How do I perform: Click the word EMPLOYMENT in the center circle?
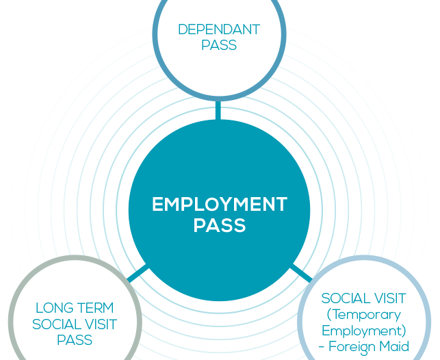219,204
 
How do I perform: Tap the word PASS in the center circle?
219,225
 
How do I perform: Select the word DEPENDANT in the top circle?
219,30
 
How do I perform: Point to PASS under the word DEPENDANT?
219,46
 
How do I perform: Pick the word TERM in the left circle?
95,308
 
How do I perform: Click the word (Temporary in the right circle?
364,314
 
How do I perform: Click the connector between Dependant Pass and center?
218,111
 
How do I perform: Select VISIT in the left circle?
100,324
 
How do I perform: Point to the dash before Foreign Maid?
322,346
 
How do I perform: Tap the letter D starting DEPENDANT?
182,30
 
